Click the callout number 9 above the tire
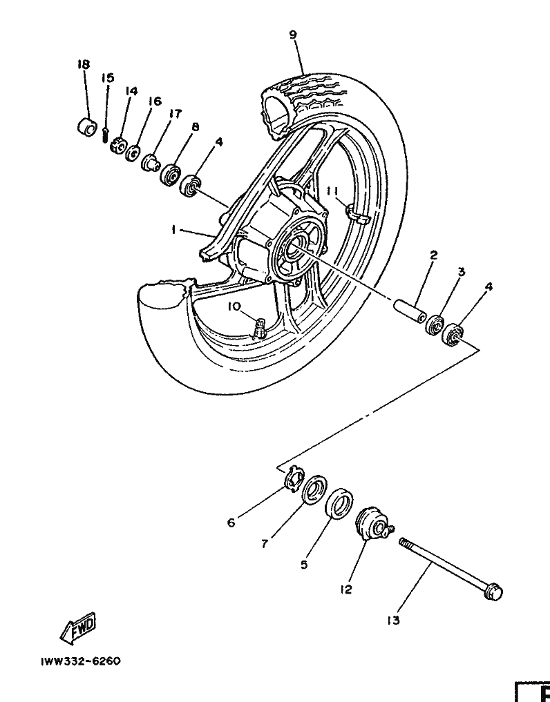pos(294,34)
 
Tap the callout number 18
pos(84,64)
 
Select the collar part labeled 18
pos(86,128)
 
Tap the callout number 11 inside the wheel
pos(332,191)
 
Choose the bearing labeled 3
pos(435,324)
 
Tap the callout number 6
pos(231,523)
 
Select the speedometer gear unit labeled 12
pos(373,524)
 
